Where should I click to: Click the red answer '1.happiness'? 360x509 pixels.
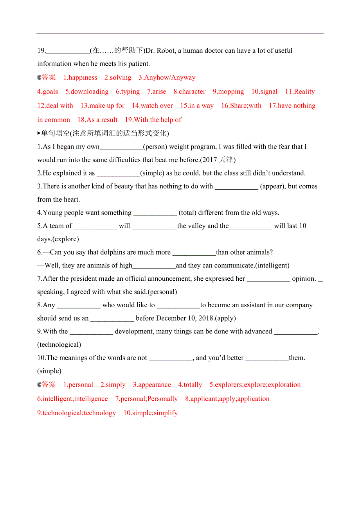pyautogui.click(x=80, y=77)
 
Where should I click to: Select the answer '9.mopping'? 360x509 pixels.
pyautogui.click(x=228, y=91)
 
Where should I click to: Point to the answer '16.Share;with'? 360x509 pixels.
pyautogui.click(x=241, y=106)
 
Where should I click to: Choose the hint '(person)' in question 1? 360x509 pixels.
pyautogui.click(x=155, y=147)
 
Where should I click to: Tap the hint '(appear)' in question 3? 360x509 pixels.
pyautogui.click(x=273, y=186)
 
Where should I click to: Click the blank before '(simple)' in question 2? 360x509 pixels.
pyautogui.click(x=118, y=173)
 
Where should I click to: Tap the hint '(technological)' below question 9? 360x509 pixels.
pyautogui.click(x=59, y=344)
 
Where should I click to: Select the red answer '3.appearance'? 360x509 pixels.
pyautogui.click(x=152, y=385)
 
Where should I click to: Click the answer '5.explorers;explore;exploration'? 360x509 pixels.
pyautogui.click(x=255, y=385)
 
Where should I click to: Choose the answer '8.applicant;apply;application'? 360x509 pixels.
pyautogui.click(x=227, y=399)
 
